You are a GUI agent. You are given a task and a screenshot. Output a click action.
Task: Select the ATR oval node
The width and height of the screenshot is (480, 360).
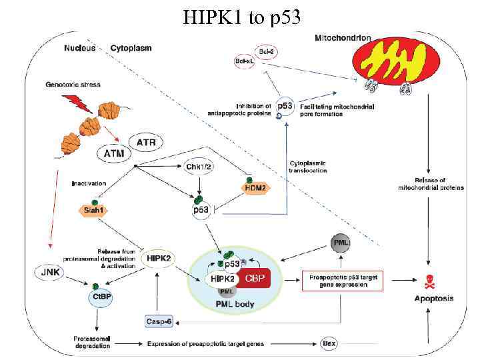click(x=146, y=142)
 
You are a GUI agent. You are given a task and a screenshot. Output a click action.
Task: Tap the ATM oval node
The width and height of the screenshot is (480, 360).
click(x=114, y=154)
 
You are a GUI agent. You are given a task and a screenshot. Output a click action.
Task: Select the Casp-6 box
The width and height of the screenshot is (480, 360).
click(x=159, y=321)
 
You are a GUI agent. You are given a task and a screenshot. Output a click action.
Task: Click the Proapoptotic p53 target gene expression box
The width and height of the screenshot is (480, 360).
click(x=344, y=280)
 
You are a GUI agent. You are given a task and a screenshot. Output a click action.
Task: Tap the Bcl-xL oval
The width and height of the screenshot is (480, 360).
click(x=244, y=61)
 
